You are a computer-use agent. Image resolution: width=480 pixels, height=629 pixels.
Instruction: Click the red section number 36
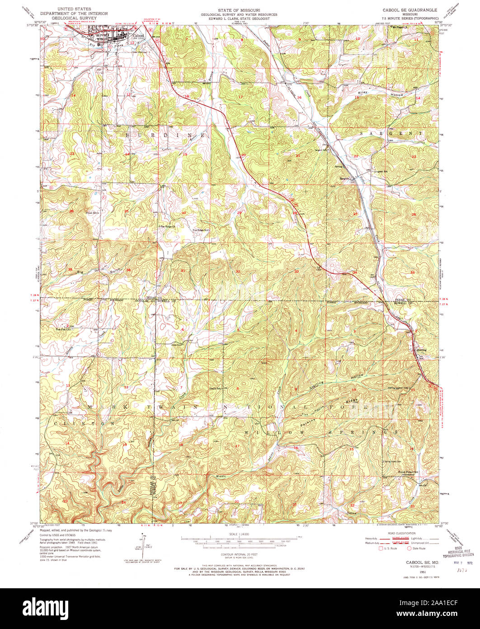[x=129, y=270]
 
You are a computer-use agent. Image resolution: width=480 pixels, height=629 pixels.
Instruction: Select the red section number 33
[x=296, y=271]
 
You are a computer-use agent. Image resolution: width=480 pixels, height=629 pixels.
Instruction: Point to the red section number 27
[x=356, y=214]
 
